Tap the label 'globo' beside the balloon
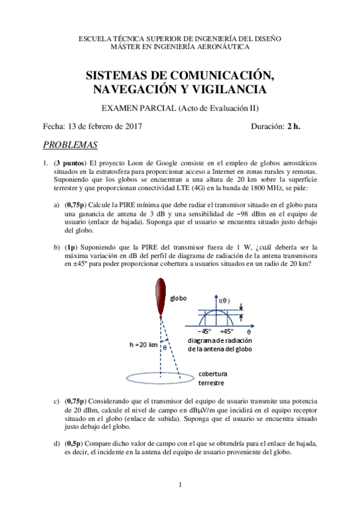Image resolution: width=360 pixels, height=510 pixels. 178,298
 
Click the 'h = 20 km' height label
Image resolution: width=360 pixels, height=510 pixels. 144,345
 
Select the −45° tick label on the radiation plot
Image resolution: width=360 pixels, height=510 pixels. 206,331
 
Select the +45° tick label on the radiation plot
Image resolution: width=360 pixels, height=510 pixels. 227,331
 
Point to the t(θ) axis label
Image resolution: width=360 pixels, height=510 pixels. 225,300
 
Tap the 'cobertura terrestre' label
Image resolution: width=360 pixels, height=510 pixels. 213,378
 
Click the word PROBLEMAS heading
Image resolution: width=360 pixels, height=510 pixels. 71,146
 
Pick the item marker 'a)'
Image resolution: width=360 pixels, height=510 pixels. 56,205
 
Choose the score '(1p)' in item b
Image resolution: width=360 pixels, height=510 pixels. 71,247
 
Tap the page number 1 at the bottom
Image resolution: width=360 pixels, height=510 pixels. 180,484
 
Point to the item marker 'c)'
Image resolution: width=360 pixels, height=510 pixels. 56,401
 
